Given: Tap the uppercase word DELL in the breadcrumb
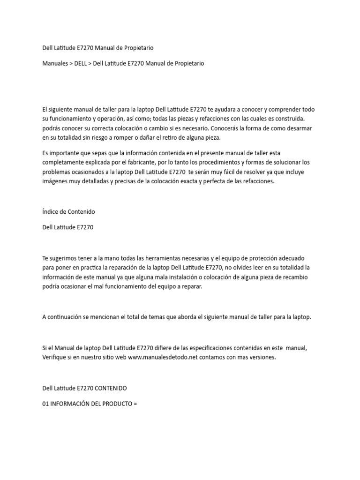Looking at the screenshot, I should [80, 63].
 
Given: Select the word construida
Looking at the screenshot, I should [287, 119].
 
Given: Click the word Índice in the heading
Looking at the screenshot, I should [50, 211].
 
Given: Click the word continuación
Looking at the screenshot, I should [68, 317].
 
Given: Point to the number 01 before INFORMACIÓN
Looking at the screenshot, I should [46, 403].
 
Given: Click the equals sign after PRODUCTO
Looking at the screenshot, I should [135, 403].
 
